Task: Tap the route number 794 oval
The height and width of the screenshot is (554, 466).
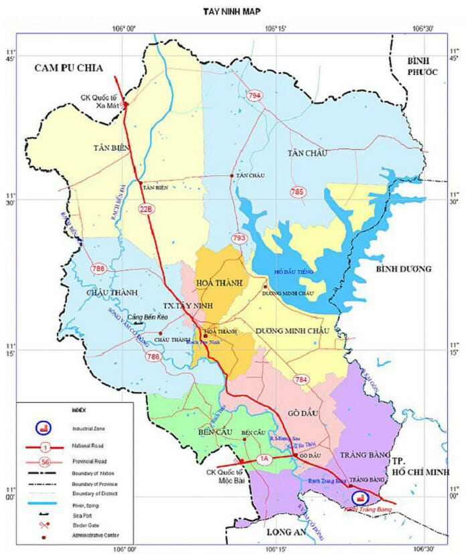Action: coord(253,96)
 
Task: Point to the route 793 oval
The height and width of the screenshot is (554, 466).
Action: coord(239,238)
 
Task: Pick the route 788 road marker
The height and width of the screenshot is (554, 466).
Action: coord(99,268)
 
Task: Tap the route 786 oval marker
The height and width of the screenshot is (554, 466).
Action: coord(153,357)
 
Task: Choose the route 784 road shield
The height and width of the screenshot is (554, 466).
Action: coord(301,380)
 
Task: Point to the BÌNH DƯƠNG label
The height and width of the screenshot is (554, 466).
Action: coord(403,269)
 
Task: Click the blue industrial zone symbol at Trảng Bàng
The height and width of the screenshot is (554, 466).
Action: coord(360,498)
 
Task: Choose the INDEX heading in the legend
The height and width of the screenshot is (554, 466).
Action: coord(78,409)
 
